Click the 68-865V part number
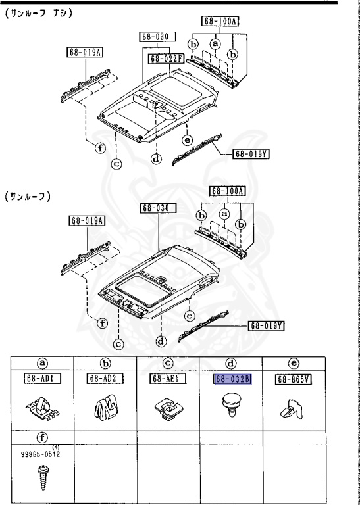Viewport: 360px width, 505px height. pos(294,379)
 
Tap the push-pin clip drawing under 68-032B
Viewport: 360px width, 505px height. pos(232,401)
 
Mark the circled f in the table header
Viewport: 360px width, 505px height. pos(42,436)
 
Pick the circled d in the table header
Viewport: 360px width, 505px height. pos(232,362)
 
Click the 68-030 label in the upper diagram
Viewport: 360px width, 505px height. pos(155,37)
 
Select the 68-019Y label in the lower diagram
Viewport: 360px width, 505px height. pos(265,325)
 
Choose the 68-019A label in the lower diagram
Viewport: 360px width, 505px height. pos(86,220)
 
